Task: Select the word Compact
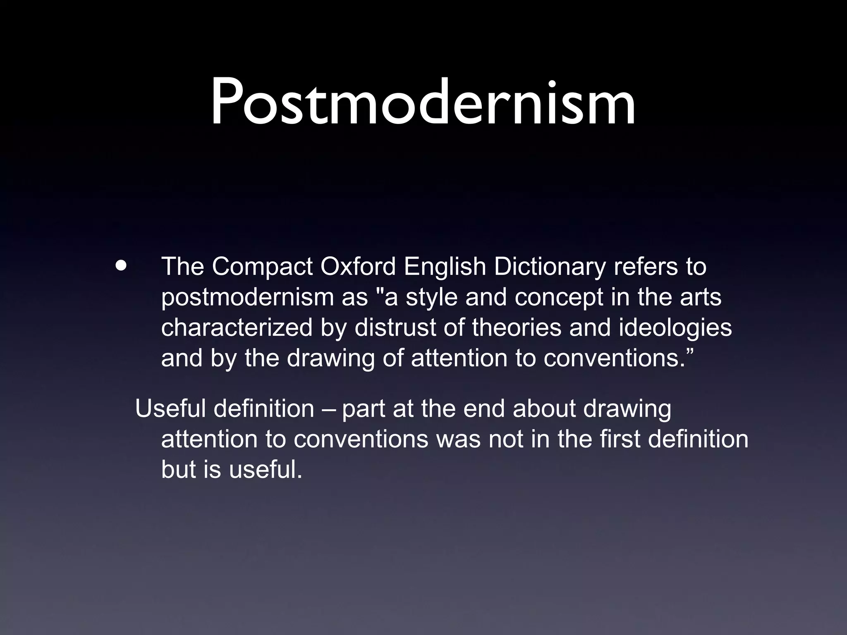pyautogui.click(x=262, y=267)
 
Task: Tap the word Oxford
pyautogui.click(x=358, y=267)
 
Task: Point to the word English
pyautogui.click(x=445, y=267)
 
